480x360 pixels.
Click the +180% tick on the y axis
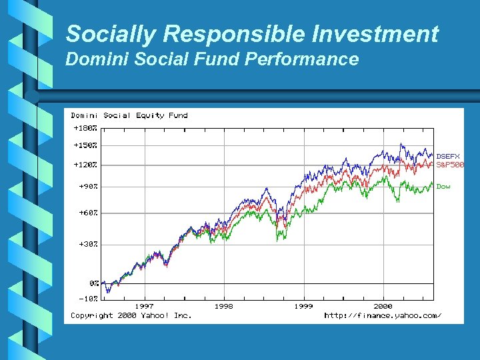point(85,127)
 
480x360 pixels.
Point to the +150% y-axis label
point(85,145)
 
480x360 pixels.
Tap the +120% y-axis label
point(85,164)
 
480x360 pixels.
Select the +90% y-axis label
point(88,187)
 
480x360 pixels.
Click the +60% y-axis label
point(88,213)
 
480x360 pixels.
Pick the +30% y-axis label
point(88,244)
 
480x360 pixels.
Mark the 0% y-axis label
point(94,283)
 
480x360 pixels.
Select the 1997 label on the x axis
point(144,307)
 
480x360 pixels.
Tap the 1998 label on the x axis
point(224,307)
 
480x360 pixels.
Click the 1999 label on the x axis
point(303,307)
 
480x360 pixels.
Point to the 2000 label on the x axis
point(383,307)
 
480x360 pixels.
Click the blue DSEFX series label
point(448,156)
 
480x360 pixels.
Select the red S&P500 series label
point(450,165)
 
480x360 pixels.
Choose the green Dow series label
point(443,187)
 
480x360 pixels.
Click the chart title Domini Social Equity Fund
point(129,115)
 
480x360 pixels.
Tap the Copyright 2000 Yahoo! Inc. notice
point(131,315)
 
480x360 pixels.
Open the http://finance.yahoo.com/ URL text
point(383,315)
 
